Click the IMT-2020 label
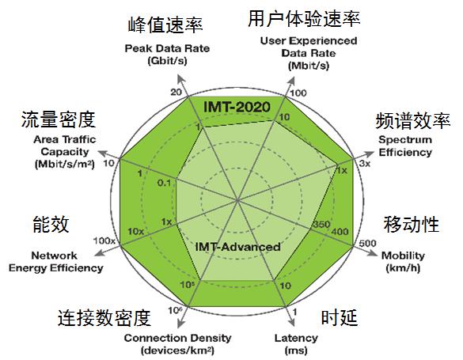(x=237, y=107)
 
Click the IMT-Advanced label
(x=237, y=247)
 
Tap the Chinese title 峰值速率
(x=165, y=25)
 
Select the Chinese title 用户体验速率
(x=304, y=18)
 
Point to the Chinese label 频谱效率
(x=413, y=121)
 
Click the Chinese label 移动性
(x=412, y=224)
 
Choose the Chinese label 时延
(x=340, y=317)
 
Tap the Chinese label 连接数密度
(x=104, y=318)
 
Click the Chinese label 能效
(x=51, y=224)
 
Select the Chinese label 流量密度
(x=58, y=119)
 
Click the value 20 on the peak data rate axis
(x=176, y=92)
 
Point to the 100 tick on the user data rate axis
(x=298, y=93)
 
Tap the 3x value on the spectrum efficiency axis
(x=365, y=163)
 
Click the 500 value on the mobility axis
(x=367, y=243)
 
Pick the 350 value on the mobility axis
(x=321, y=224)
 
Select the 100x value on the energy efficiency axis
(x=104, y=241)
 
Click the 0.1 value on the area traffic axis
(x=164, y=183)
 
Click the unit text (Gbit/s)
(x=167, y=61)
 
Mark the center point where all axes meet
(x=237, y=201)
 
